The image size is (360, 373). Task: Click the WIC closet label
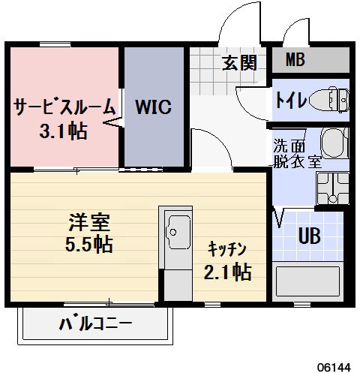coord(154,106)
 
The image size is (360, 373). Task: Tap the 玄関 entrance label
coord(238,62)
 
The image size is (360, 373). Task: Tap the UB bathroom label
coord(309,236)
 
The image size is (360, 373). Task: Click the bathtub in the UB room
coord(307,281)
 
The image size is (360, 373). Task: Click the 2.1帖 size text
coord(227,272)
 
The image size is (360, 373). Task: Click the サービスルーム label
coord(64,106)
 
